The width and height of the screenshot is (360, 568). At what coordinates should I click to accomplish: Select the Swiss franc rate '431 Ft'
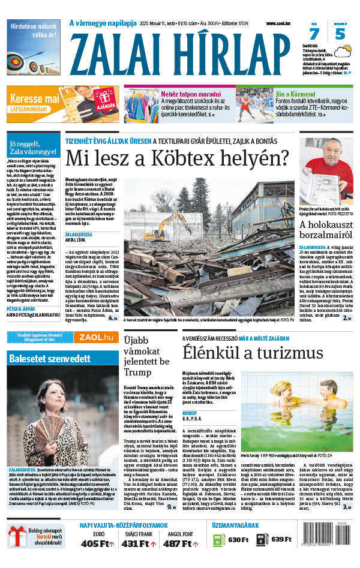pos(139,543)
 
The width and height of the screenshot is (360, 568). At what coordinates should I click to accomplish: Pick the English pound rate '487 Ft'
pos(180,543)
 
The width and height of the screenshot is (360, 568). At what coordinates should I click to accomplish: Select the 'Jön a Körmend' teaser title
pos(296,94)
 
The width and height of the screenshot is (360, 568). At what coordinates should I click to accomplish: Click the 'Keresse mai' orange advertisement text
pos(34,97)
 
